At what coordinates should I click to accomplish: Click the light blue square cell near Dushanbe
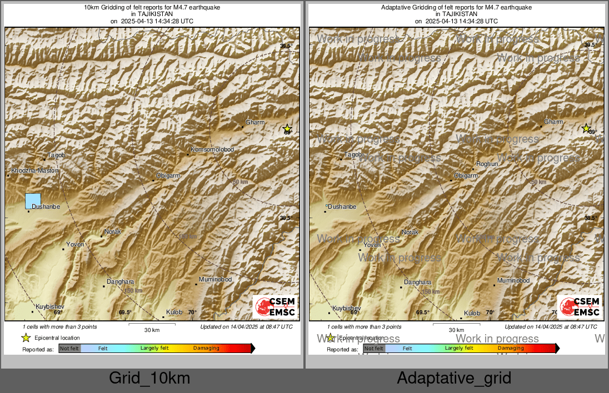coord(33,201)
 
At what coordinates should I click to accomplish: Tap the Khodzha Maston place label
coord(34,170)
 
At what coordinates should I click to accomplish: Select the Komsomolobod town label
coord(212,150)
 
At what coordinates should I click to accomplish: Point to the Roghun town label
coord(487,164)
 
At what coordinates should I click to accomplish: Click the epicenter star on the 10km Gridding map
coord(287,129)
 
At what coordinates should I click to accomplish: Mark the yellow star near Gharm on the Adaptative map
coord(586,129)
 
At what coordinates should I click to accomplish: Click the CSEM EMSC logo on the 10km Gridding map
coord(275,307)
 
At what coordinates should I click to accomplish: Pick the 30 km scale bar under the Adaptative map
coord(456,324)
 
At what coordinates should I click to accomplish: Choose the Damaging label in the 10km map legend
coord(206,348)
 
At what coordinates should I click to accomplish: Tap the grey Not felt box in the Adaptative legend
coord(374,349)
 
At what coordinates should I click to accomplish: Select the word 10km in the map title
coord(90,8)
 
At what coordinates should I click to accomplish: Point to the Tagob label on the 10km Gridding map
coord(57,155)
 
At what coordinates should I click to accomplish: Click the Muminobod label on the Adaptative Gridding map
coord(513,280)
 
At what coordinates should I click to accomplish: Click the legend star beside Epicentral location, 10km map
coord(26,337)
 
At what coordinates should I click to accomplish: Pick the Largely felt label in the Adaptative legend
coord(459,348)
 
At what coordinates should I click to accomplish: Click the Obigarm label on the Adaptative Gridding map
coord(466,175)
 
